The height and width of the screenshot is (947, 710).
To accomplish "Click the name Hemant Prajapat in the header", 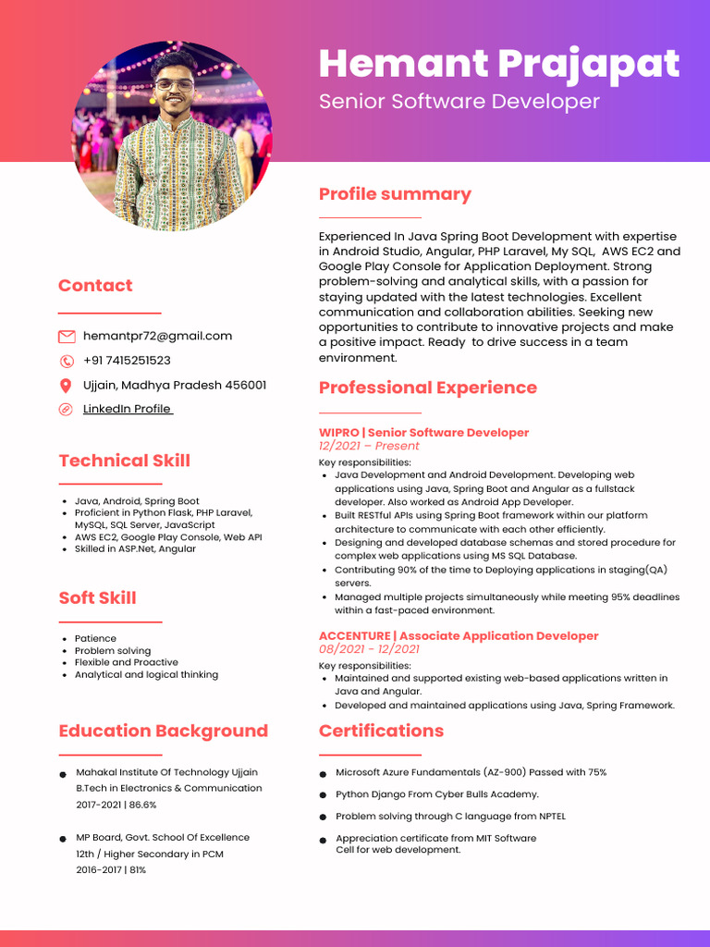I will click(498, 64).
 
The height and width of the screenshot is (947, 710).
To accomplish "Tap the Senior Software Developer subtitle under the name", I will click(459, 102).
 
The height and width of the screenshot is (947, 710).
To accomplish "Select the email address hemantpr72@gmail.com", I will click(157, 336).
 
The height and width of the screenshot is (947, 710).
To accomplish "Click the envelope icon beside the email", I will click(67, 337).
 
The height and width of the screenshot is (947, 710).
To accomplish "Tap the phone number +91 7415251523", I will click(127, 361).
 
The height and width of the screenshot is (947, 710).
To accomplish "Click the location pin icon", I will click(66, 386).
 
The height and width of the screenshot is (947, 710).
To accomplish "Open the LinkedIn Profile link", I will click(128, 409).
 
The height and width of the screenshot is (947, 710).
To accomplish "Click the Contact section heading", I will click(95, 286).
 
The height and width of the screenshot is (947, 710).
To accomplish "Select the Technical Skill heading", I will click(124, 461).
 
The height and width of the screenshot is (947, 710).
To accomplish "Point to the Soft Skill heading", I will click(97, 597).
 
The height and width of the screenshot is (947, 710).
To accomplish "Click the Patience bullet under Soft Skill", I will click(95, 638).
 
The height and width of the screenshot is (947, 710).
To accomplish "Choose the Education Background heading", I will click(163, 731).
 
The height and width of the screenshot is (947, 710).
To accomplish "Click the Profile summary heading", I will click(395, 194).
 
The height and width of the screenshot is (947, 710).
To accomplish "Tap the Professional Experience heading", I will click(427, 387).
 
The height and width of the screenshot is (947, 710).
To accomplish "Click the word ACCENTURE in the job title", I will click(354, 636).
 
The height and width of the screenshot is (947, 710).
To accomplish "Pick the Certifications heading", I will click(381, 731).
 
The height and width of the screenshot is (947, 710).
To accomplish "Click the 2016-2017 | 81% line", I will click(111, 870).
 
